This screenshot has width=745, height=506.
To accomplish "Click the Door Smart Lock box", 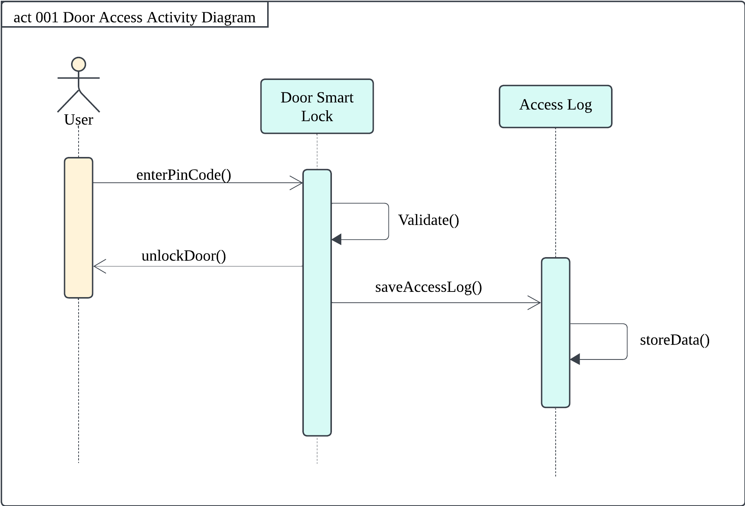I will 317,107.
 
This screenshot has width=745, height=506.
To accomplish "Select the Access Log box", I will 555,107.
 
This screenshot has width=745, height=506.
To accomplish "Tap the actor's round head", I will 79,64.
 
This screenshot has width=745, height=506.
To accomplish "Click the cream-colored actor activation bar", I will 79,228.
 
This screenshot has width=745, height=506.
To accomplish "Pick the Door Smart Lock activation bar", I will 317,336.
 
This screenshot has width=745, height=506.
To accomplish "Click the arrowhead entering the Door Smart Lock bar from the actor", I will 298,183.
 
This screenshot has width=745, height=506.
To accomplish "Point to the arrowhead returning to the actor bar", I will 98,266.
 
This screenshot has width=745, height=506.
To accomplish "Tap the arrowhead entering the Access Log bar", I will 536,303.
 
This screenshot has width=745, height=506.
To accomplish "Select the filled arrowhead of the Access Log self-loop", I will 575,359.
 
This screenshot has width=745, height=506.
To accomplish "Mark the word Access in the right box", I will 541,105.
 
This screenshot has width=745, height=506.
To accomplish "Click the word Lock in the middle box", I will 317,116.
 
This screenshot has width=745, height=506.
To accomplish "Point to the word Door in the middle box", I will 296,98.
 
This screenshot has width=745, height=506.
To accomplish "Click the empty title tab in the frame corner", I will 135,14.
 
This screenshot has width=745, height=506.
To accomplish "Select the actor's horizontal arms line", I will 79,78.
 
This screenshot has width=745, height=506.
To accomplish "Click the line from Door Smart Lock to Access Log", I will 430,303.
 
